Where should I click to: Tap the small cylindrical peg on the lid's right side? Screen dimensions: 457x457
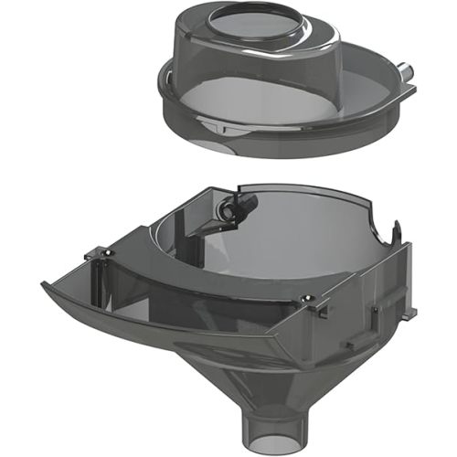point(402,69)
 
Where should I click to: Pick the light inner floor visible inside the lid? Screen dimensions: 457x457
point(302,91)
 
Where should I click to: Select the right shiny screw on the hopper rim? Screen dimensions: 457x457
point(311,298)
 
